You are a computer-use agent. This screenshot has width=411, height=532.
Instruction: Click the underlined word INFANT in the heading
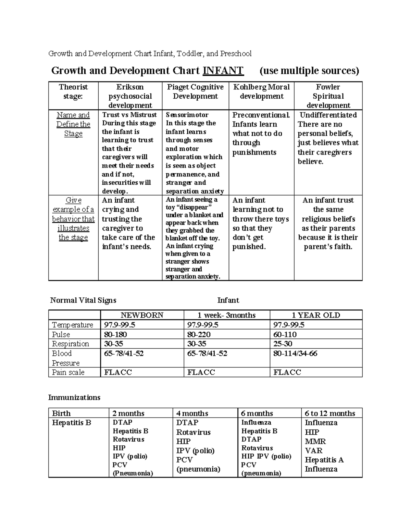click(223, 71)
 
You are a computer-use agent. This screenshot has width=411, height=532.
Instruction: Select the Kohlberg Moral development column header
click(261, 91)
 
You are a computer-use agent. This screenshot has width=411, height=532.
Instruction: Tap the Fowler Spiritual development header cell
click(328, 96)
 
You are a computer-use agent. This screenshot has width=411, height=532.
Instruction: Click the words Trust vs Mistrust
click(129, 115)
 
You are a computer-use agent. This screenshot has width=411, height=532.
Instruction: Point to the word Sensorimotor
click(187, 115)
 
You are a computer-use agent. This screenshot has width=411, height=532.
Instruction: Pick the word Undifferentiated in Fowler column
click(328, 115)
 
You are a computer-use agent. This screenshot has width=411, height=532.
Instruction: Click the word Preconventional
click(261, 115)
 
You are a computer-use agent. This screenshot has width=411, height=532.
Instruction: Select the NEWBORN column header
click(142, 315)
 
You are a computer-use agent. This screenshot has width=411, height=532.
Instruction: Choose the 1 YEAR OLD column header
click(315, 315)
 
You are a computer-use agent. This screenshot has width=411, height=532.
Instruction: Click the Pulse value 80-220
click(199, 334)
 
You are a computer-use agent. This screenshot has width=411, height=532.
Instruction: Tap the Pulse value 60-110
click(285, 334)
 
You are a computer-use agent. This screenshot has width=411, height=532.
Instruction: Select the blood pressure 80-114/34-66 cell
click(295, 353)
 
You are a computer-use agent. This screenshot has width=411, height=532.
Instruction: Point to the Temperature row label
click(72, 325)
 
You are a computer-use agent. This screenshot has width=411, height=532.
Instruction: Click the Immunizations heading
click(74, 397)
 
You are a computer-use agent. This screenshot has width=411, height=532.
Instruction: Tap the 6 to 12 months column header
click(330, 413)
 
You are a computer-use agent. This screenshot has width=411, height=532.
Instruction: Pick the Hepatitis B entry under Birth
click(71, 423)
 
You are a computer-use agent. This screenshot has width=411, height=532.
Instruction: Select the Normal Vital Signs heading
click(83, 300)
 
